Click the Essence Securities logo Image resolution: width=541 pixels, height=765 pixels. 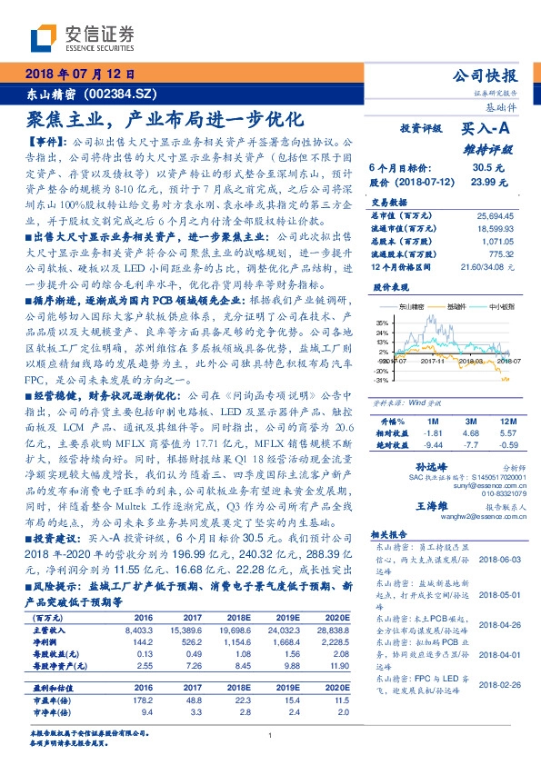[83, 38]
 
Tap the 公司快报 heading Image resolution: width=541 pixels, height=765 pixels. [485, 76]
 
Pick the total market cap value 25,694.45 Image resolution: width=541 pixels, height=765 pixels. [495, 214]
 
